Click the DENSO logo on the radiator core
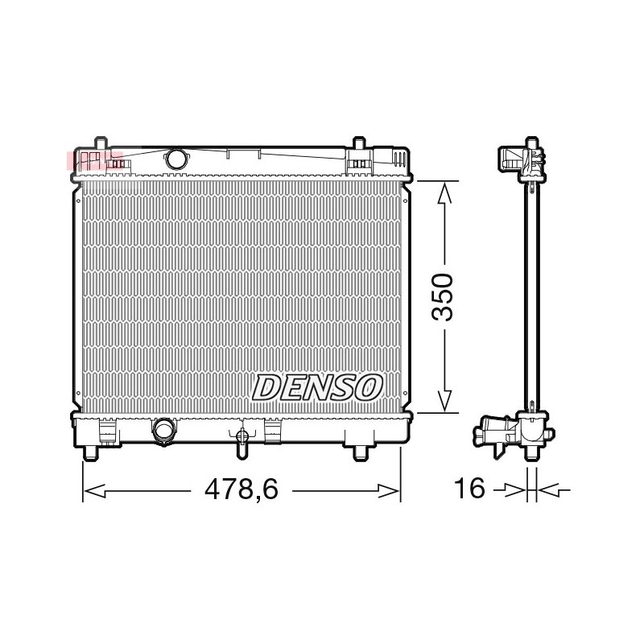click(x=317, y=387)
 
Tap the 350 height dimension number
click(x=442, y=296)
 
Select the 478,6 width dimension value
click(x=242, y=489)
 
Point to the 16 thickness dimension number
click(x=469, y=489)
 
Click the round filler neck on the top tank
click(x=176, y=159)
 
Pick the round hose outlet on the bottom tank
click(x=164, y=430)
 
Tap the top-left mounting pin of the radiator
click(x=101, y=143)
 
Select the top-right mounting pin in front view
click(x=359, y=143)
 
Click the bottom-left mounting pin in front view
click(x=91, y=452)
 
